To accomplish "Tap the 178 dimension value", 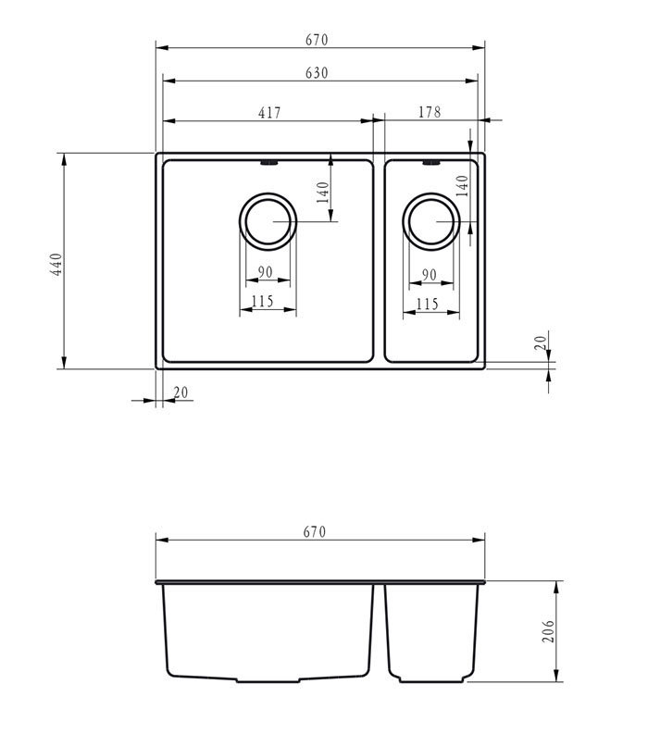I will point(429,113).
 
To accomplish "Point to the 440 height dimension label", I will point(56,265).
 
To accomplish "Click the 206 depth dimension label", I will point(547,632).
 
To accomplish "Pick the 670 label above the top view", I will point(317,40).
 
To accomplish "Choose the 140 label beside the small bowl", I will point(463,187).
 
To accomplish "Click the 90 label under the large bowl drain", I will point(265,272).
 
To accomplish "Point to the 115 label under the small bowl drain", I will point(427,304).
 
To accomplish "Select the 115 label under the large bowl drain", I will point(263,301).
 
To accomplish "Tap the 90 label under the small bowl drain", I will point(430,275).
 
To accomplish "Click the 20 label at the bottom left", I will point(181,392).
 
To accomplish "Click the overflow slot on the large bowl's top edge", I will point(268,164).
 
